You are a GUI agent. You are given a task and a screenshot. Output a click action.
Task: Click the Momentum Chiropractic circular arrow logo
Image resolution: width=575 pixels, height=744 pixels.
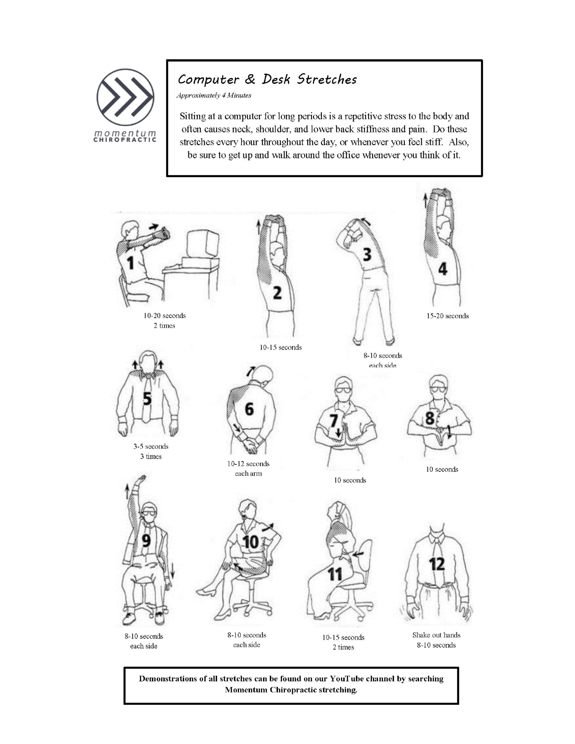click(x=125, y=97)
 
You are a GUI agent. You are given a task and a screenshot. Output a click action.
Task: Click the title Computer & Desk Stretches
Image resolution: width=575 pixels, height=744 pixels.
click(x=267, y=79)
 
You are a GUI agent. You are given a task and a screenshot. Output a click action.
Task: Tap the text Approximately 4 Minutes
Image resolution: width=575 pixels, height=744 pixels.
click(x=214, y=95)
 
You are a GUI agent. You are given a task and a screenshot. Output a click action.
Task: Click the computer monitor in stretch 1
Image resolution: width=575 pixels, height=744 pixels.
click(x=202, y=243)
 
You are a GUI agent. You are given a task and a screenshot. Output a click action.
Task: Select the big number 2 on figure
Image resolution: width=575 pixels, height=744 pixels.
click(x=277, y=293)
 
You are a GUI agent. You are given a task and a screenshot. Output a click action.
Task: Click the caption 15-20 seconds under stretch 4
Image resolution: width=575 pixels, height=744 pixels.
click(x=447, y=316)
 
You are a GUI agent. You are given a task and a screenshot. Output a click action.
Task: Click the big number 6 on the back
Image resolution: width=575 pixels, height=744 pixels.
click(x=249, y=409)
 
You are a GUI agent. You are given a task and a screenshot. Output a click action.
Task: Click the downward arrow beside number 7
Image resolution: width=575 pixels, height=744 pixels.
click(x=338, y=432)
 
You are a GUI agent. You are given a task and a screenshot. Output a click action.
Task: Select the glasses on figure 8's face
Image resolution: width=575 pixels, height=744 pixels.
click(x=438, y=389)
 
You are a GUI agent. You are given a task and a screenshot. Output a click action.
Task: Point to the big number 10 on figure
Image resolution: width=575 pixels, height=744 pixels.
click(x=251, y=542)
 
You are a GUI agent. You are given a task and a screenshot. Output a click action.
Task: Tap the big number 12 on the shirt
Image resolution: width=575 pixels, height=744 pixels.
click(x=437, y=564)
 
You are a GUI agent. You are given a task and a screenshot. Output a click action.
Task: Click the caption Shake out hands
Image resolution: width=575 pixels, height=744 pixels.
click(x=436, y=635)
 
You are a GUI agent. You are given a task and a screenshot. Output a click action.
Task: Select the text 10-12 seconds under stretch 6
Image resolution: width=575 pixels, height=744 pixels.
click(x=248, y=464)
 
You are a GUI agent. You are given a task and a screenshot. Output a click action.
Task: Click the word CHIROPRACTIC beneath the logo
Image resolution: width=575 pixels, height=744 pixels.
click(x=125, y=140)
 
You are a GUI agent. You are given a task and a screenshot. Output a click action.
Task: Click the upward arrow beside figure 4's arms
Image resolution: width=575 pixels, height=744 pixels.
click(x=425, y=201)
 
